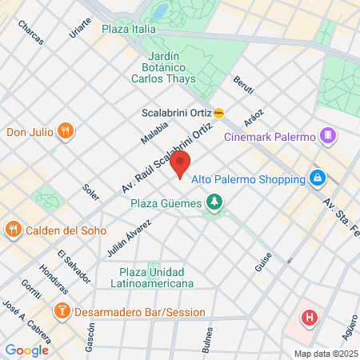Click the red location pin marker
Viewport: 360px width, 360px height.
180,164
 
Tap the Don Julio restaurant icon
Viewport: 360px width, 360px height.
66,130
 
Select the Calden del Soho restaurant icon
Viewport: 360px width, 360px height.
13,230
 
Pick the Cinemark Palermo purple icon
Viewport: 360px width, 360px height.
327,136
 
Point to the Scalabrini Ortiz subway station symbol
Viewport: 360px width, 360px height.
219,113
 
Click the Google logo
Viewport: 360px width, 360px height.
26,350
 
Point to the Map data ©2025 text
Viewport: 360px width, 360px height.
325,354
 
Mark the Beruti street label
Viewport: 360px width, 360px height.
242,83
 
